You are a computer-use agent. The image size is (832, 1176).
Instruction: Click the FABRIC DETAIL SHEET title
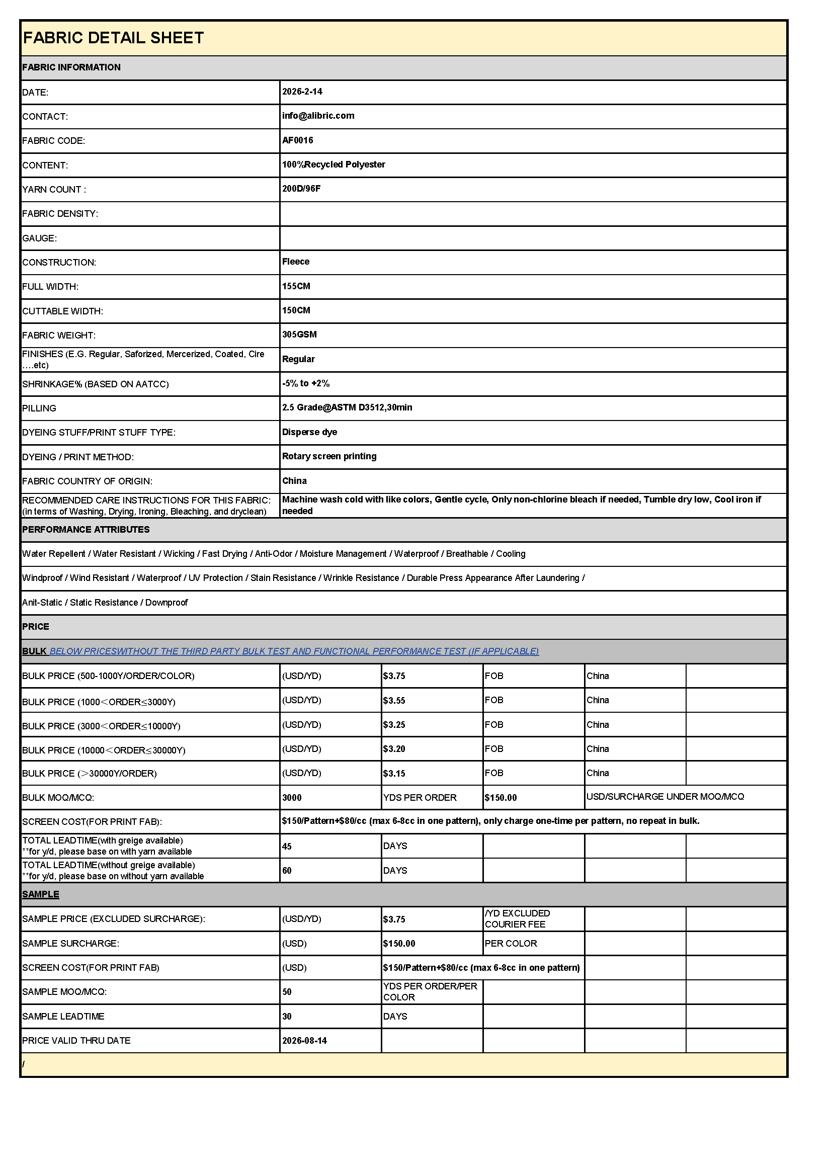[113, 38]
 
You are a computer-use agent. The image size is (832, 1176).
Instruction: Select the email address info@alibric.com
[318, 116]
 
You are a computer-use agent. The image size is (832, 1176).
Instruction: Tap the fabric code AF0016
[298, 140]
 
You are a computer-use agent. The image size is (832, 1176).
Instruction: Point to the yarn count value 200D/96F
[301, 189]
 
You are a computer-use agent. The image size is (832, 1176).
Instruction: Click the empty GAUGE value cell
[533, 238]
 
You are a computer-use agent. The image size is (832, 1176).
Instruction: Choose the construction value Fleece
[296, 262]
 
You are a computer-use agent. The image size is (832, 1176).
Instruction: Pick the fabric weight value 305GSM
[299, 334]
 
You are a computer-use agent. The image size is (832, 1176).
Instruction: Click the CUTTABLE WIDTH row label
[62, 311]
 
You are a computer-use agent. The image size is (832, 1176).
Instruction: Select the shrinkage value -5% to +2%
[306, 383]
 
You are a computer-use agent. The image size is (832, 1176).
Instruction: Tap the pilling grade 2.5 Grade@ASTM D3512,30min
[347, 408]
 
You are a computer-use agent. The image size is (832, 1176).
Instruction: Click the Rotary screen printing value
[329, 456]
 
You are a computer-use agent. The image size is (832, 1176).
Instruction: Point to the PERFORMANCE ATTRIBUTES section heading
[86, 530]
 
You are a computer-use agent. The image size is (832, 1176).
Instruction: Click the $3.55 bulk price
[394, 701]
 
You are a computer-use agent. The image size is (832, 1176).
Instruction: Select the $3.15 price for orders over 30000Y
[394, 774]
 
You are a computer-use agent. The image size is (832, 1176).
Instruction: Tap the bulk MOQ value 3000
[292, 797]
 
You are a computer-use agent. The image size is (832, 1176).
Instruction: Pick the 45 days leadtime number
[287, 847]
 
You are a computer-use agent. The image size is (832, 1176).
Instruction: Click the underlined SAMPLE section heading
[40, 894]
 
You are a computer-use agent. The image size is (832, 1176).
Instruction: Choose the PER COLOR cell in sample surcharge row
[511, 944]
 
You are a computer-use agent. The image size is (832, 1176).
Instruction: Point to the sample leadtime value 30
[287, 1017]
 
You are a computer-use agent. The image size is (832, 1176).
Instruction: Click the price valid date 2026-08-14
[304, 1041]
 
